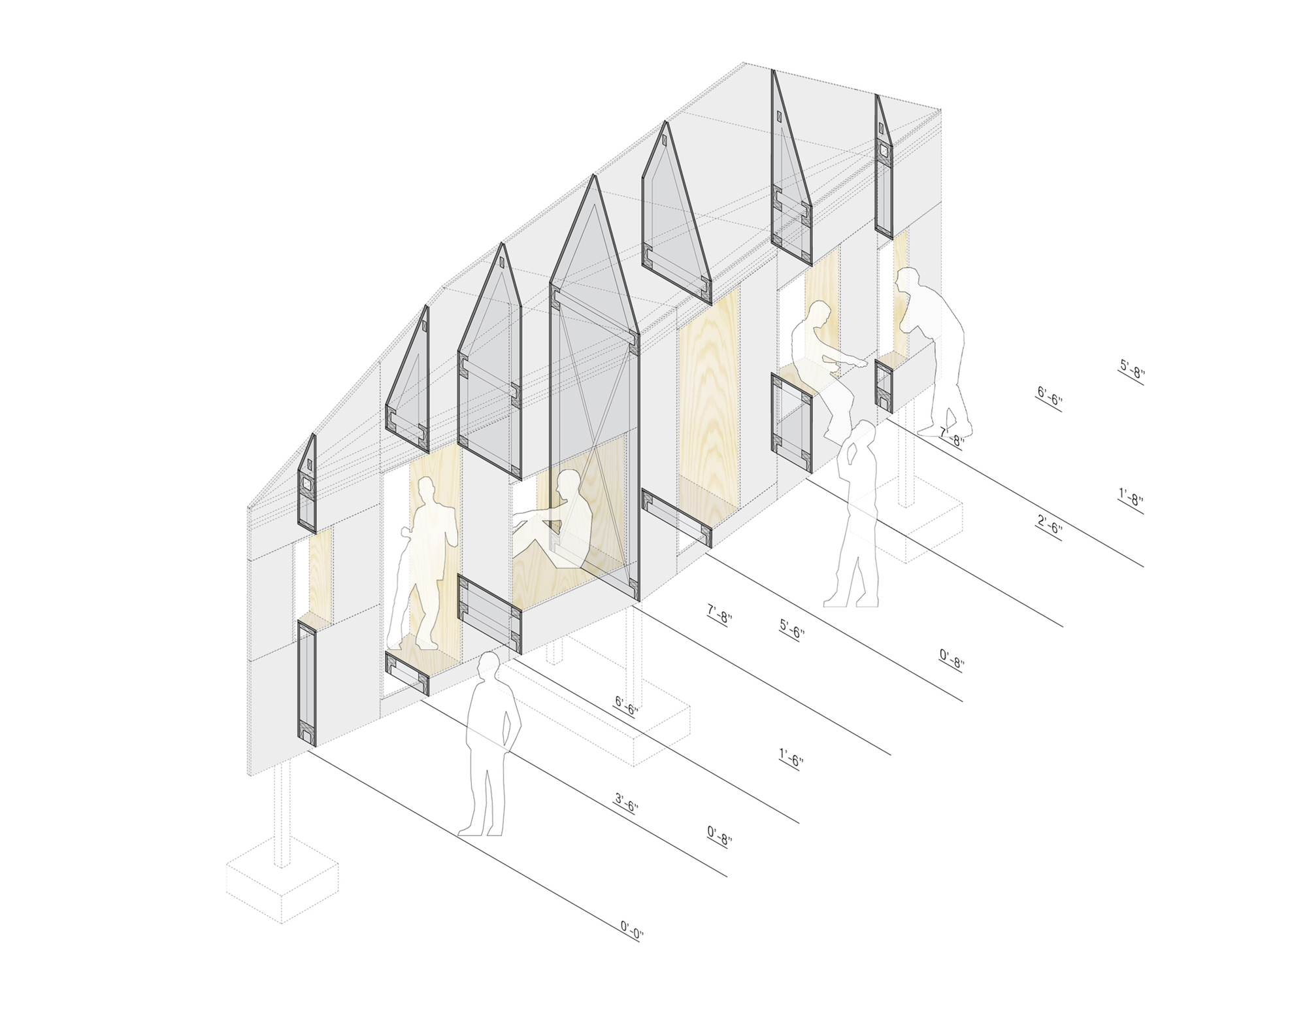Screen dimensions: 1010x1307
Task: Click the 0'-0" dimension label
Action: (x=632, y=930)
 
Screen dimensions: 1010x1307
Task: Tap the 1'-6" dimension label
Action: (x=791, y=760)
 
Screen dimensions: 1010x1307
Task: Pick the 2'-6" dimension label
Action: (x=1050, y=528)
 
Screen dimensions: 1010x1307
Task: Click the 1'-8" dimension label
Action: (x=1131, y=501)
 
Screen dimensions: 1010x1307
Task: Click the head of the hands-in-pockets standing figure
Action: (x=488, y=665)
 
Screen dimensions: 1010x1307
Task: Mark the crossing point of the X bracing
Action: (x=594, y=434)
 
